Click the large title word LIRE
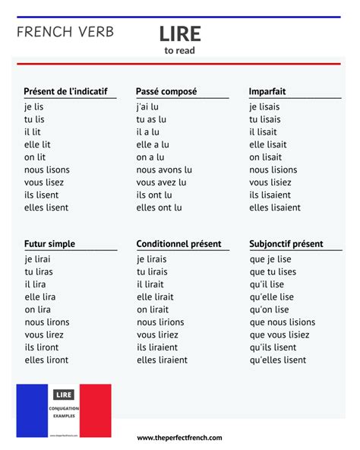180,33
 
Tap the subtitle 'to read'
180,51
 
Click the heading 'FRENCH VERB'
65,32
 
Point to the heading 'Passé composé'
166,91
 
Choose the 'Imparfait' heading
267,91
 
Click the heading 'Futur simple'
49,244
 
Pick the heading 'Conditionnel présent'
178,244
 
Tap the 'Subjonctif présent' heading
286,244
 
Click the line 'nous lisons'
46,170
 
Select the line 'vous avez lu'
163,182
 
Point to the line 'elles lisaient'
275,208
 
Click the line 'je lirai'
37,259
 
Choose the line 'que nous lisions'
282,322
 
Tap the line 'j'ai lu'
147,107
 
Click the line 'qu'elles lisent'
277,360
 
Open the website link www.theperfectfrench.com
180,438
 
